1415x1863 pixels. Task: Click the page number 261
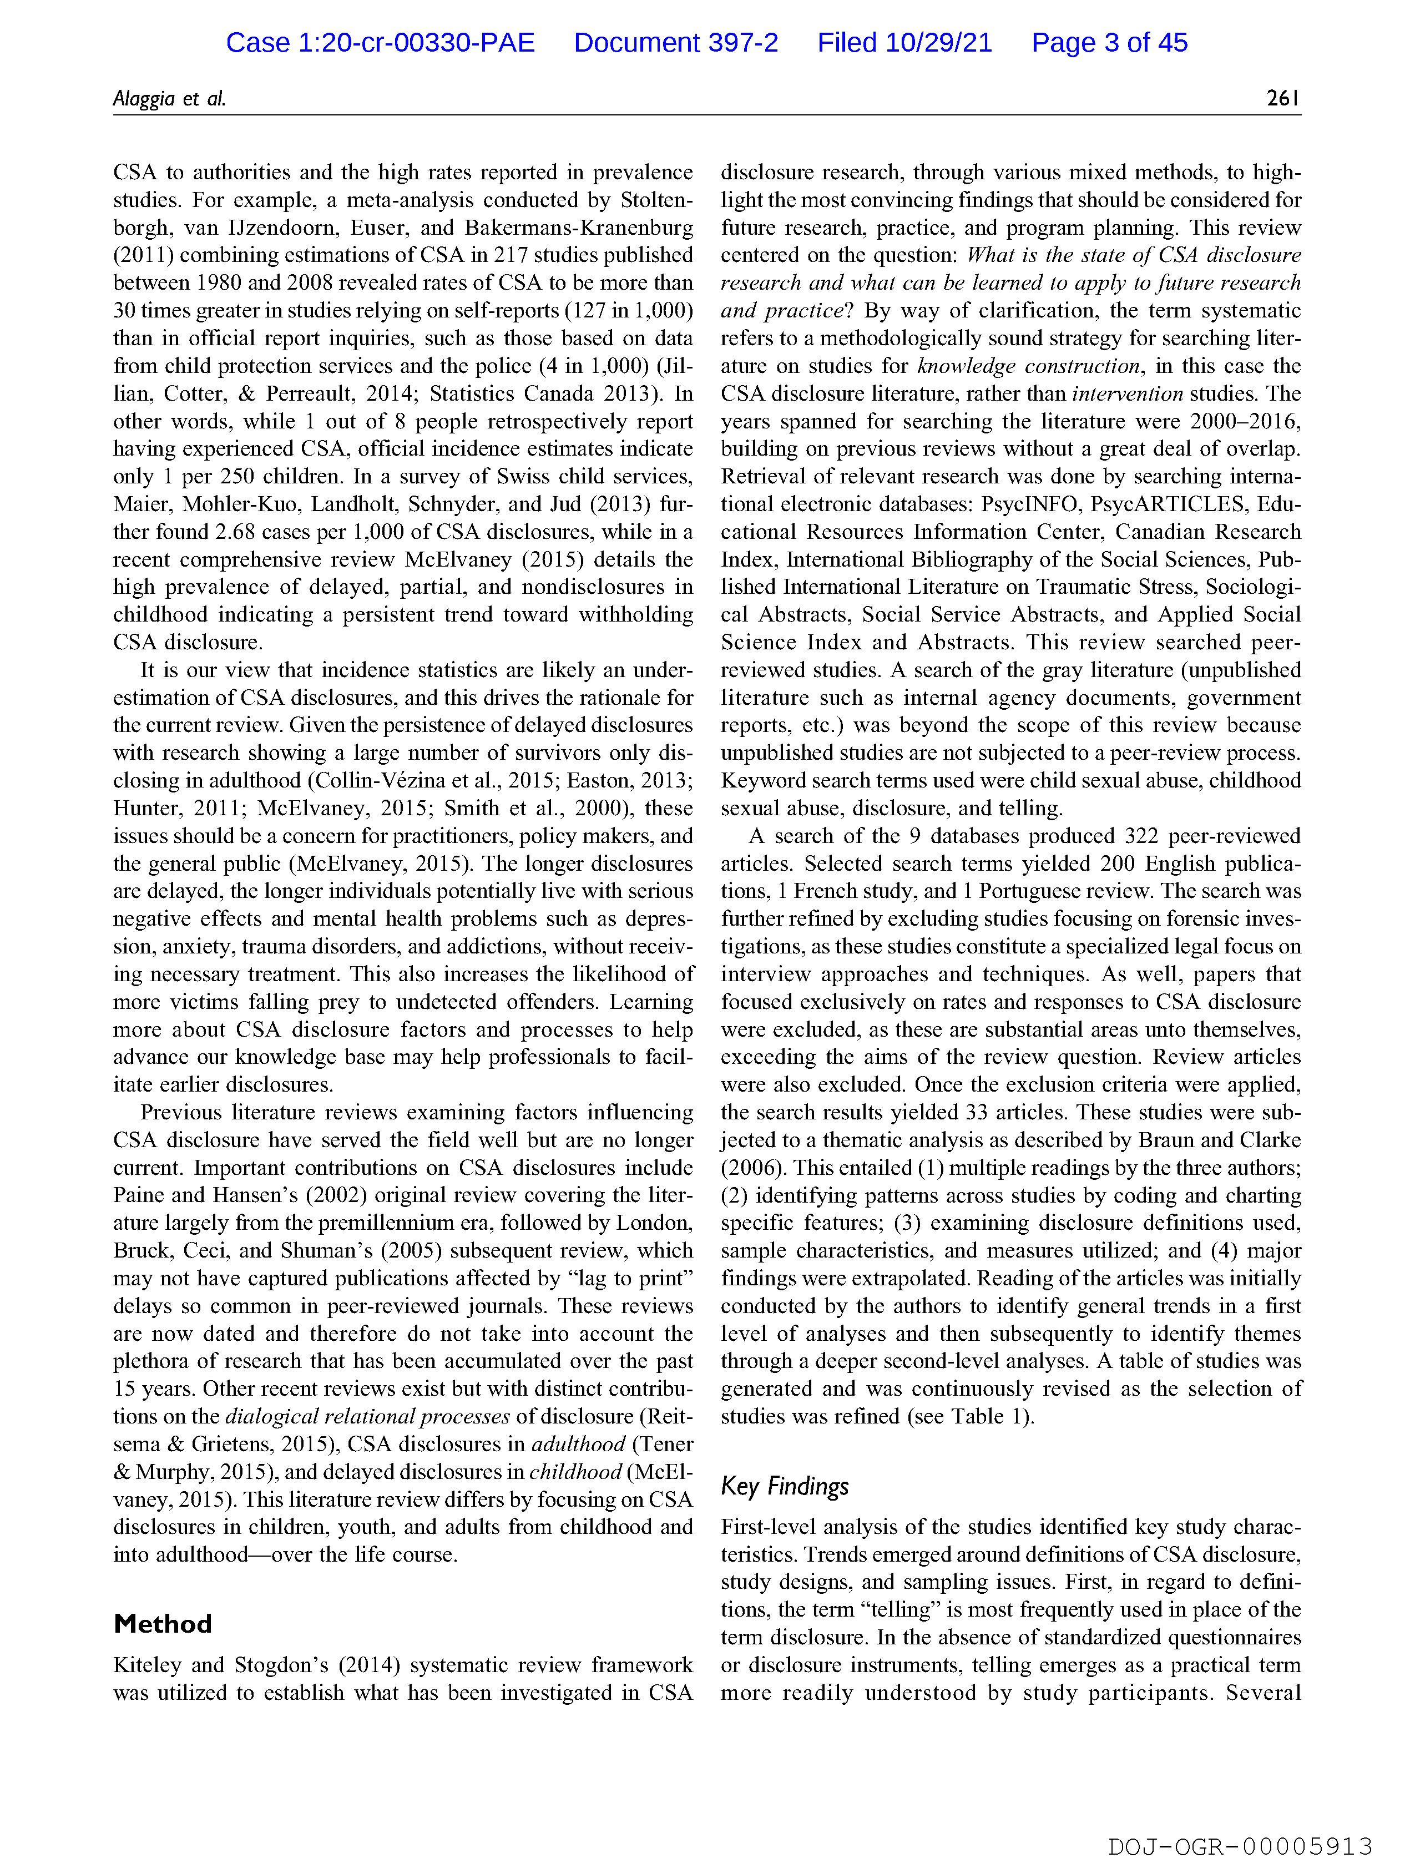tap(1283, 99)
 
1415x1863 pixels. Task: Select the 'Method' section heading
tap(163, 1623)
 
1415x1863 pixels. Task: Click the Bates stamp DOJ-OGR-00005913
tap(1240, 1845)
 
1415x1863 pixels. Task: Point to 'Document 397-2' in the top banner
tap(675, 42)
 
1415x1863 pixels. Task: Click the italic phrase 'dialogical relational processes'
tap(367, 1416)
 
